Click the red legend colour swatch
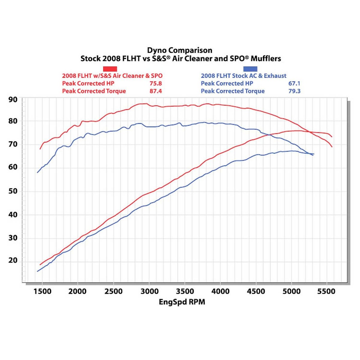(110, 69)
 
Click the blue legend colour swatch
(250, 69)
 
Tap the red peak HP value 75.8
(156, 83)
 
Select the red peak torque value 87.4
(156, 91)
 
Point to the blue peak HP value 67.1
(294, 83)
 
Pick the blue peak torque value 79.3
(294, 91)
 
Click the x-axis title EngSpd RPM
(182, 302)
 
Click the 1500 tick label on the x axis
(42, 291)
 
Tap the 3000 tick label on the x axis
(149, 291)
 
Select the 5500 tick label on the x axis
(326, 291)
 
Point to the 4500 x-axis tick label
(256, 291)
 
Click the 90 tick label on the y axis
(13, 100)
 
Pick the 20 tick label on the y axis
(13, 260)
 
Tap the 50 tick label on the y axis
(13, 191)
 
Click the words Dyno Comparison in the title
(179, 50)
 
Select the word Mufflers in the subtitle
(266, 58)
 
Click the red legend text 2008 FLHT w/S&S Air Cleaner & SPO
(112, 76)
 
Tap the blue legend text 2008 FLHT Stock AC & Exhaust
(244, 76)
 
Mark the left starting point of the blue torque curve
(37, 172)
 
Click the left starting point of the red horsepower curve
(40, 265)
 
